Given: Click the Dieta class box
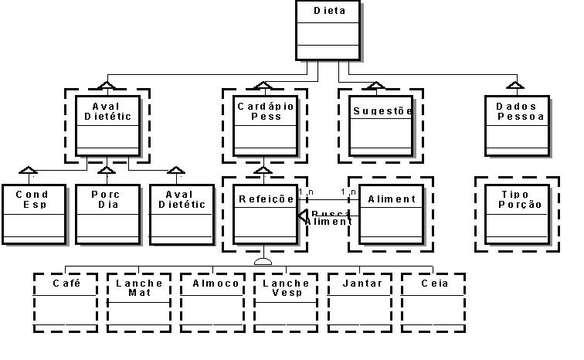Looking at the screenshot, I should point(328,31).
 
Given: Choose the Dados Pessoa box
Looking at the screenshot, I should point(517,125).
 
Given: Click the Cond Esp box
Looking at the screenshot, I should point(33,214).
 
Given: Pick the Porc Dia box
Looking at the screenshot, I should point(107,214).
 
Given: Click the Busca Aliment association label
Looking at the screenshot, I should point(329,217).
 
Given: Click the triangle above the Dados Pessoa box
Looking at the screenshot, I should point(512,84).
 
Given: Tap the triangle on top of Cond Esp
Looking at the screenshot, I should point(28,170).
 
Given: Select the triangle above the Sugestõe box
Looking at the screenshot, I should point(376,84).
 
